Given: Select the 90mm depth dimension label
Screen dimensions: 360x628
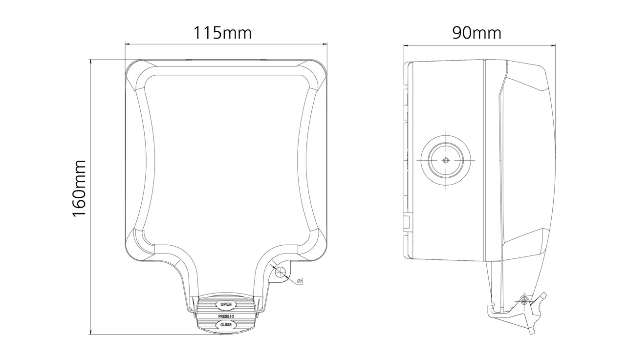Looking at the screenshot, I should [x=476, y=33].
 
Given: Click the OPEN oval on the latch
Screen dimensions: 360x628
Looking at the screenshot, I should [x=225, y=305].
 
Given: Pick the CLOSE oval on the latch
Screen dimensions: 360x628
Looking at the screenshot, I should [x=225, y=325].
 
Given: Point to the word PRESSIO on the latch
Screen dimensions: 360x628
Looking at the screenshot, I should [x=225, y=316].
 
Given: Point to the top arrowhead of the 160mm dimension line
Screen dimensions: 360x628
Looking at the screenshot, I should [x=91, y=62].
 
